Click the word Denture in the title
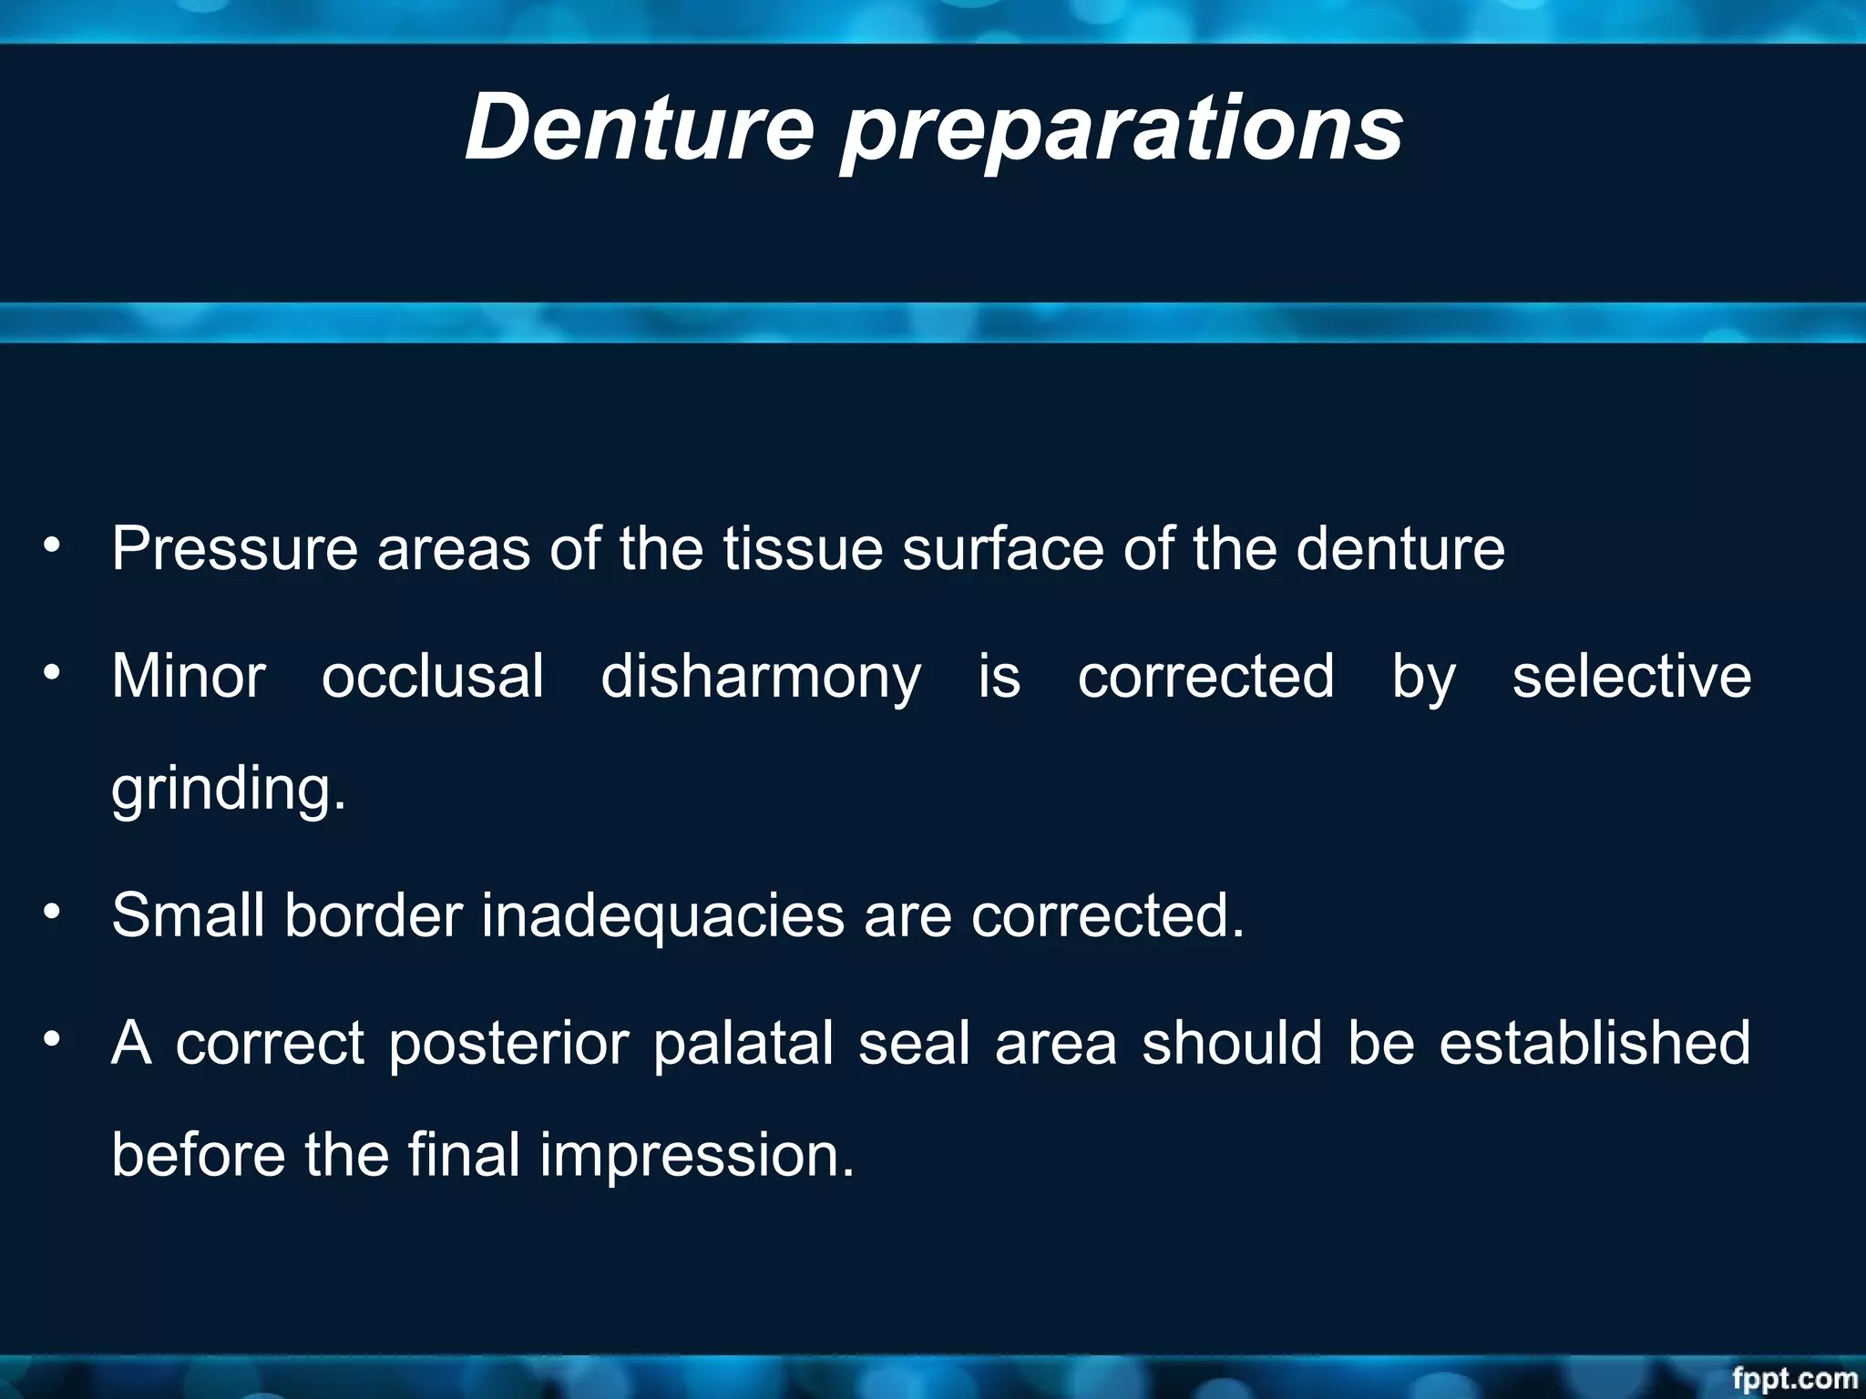639,128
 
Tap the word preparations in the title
1121,132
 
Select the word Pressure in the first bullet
234,549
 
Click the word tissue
803,549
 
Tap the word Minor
189,677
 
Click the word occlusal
433,677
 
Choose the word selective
1631,677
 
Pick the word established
1594,1043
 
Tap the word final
464,1154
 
